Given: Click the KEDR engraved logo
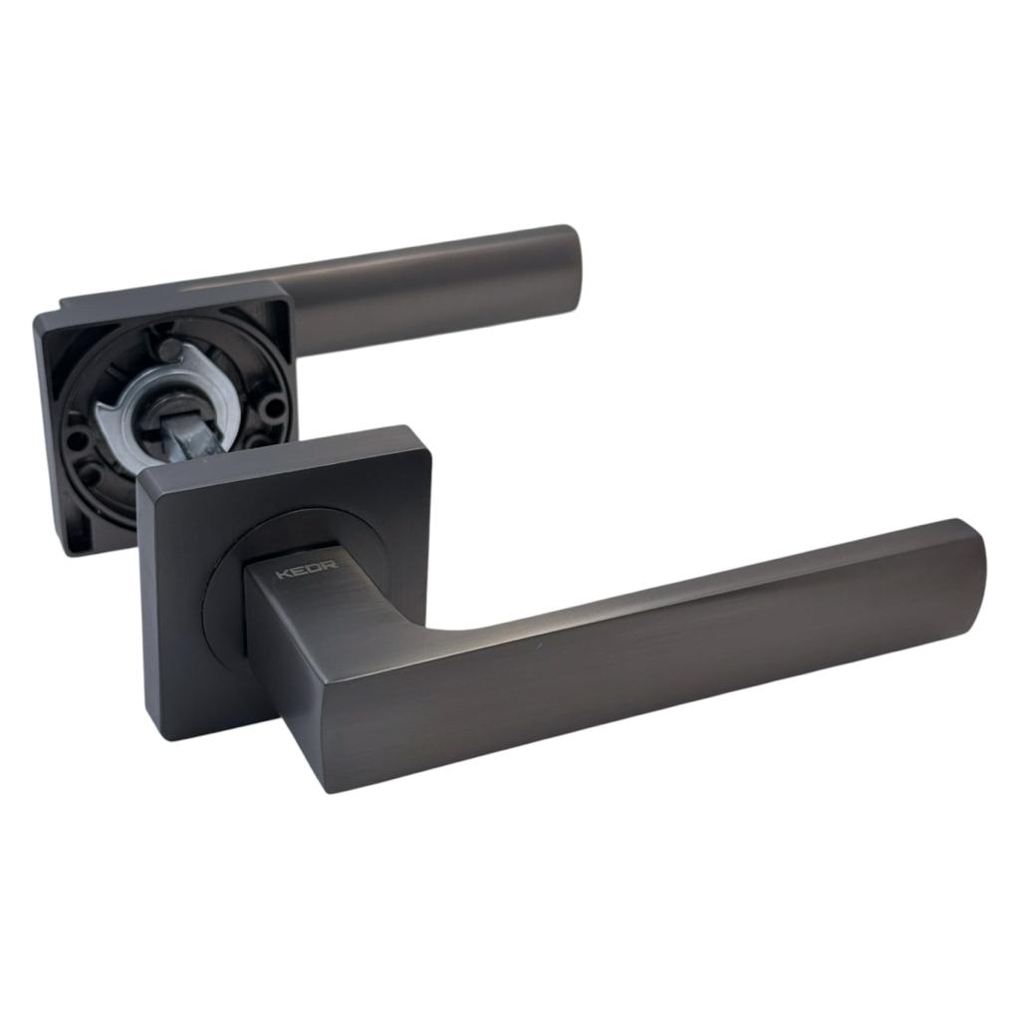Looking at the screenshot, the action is click(307, 574).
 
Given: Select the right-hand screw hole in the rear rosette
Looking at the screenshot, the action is click(274, 407).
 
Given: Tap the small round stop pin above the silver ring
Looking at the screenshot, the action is click(168, 351).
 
